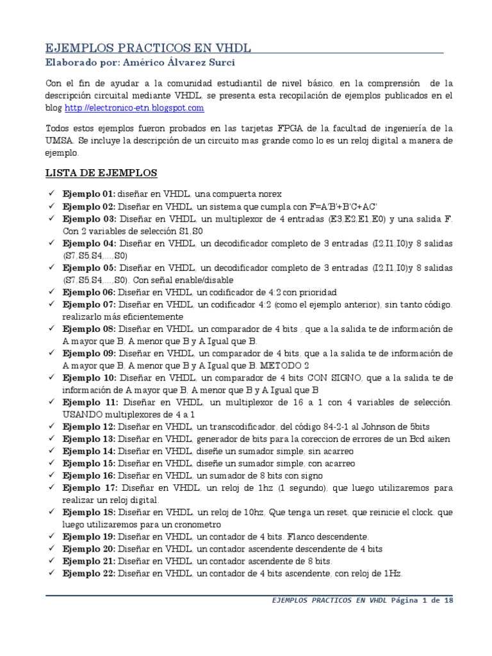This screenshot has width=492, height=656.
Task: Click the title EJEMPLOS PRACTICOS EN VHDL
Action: click(147, 48)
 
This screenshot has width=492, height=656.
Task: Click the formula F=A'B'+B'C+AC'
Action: click(344, 206)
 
